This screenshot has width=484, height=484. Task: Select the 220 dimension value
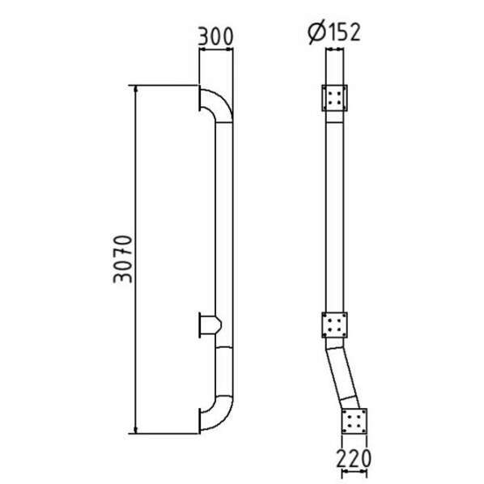(x=355, y=458)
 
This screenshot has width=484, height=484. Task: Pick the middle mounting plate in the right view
(x=334, y=326)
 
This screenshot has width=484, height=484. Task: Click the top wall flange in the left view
(x=198, y=100)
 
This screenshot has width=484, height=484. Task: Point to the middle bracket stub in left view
(x=206, y=326)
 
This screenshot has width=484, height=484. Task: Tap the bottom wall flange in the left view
(x=198, y=418)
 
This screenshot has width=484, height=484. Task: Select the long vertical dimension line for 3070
(x=137, y=259)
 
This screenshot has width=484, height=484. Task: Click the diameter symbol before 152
(x=316, y=32)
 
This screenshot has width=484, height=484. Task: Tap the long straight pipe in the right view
(x=334, y=210)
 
